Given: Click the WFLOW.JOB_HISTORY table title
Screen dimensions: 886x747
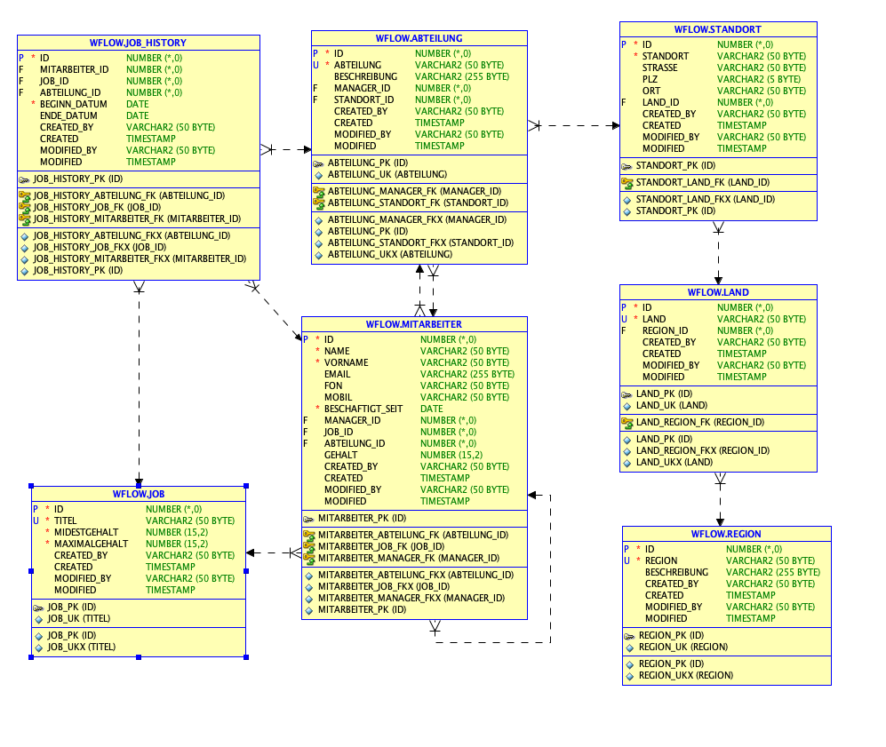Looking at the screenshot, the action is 138,43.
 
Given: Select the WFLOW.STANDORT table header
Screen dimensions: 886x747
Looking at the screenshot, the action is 718,29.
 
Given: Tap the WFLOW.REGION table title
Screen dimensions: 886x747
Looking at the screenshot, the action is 726,534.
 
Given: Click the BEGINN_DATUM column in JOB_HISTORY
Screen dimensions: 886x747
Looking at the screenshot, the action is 74,105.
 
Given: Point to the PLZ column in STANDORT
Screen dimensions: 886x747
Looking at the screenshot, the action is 650,80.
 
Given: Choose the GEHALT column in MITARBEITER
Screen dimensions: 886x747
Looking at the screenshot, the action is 340,455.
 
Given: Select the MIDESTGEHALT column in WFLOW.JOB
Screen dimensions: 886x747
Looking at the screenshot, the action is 86,532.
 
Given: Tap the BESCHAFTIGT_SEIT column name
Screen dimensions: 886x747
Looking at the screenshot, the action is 363,409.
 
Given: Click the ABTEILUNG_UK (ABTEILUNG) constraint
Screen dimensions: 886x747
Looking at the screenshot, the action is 387,174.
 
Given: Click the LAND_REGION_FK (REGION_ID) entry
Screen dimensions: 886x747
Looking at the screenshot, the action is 700,422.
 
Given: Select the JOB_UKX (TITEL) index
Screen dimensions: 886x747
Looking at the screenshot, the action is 82,647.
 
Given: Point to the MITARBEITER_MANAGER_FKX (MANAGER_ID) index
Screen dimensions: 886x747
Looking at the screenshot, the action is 411,599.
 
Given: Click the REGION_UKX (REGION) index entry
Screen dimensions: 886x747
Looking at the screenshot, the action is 686,675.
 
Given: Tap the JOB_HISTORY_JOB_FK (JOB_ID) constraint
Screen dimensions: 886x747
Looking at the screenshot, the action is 97,207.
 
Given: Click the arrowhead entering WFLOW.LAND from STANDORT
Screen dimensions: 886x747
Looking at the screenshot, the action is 718,280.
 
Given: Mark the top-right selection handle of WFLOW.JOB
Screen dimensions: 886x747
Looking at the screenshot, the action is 246,486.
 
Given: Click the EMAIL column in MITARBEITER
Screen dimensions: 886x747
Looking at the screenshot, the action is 338,374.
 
